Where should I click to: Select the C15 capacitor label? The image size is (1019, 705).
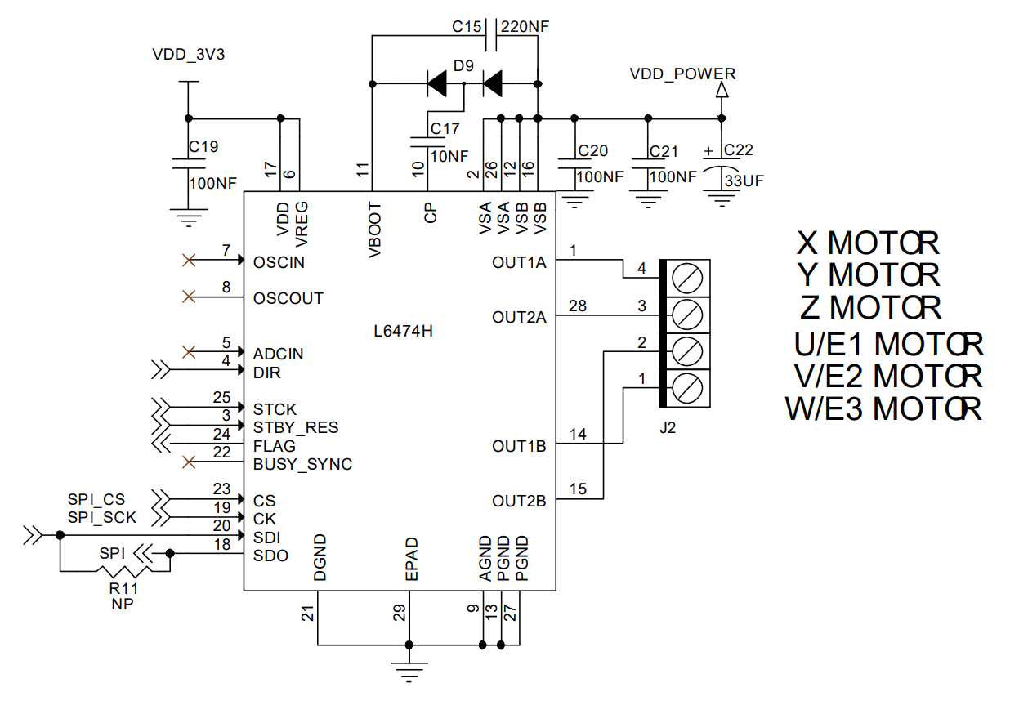click(x=467, y=26)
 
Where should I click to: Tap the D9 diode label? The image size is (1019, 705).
click(x=463, y=65)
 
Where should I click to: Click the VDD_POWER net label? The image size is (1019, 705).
click(x=682, y=74)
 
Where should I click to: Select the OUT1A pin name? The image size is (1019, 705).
click(x=519, y=263)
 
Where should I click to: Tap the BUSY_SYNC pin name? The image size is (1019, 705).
click(x=302, y=465)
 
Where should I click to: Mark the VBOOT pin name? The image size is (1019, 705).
click(x=375, y=230)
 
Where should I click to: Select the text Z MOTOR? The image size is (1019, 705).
click(x=871, y=308)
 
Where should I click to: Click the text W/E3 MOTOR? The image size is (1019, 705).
click(x=883, y=408)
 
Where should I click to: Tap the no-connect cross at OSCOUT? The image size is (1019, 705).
click(x=189, y=297)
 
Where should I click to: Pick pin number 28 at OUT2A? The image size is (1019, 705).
click(x=578, y=306)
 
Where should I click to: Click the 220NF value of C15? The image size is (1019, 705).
click(x=525, y=26)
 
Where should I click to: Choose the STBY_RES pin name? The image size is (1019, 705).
click(x=295, y=427)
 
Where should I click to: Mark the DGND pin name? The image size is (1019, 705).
click(x=320, y=559)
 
